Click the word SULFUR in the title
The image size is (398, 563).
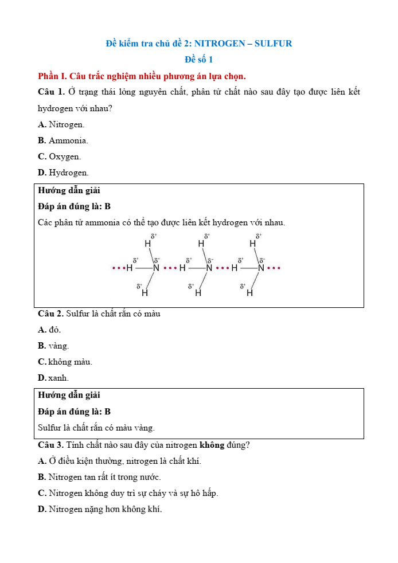[x=273, y=43]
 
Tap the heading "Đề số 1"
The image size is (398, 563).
[x=198, y=59]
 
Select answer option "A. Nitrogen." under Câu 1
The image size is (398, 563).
[x=61, y=124]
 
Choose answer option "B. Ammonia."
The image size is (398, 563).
[x=63, y=140]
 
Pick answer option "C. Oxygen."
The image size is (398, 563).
[x=59, y=157]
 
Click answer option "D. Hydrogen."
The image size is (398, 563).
[x=63, y=173]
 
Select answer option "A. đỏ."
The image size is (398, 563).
[x=49, y=330]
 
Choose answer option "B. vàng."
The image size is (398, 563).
[x=53, y=346]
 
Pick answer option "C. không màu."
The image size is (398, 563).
[x=65, y=362]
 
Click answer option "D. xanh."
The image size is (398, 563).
[x=53, y=378]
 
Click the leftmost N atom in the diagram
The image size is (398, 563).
[x=156, y=268]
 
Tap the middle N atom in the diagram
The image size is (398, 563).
[x=209, y=268]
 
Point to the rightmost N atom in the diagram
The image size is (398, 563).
[x=261, y=268]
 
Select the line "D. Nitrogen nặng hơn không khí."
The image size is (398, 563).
[x=100, y=509]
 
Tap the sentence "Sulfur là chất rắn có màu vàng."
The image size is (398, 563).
[x=96, y=428]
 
